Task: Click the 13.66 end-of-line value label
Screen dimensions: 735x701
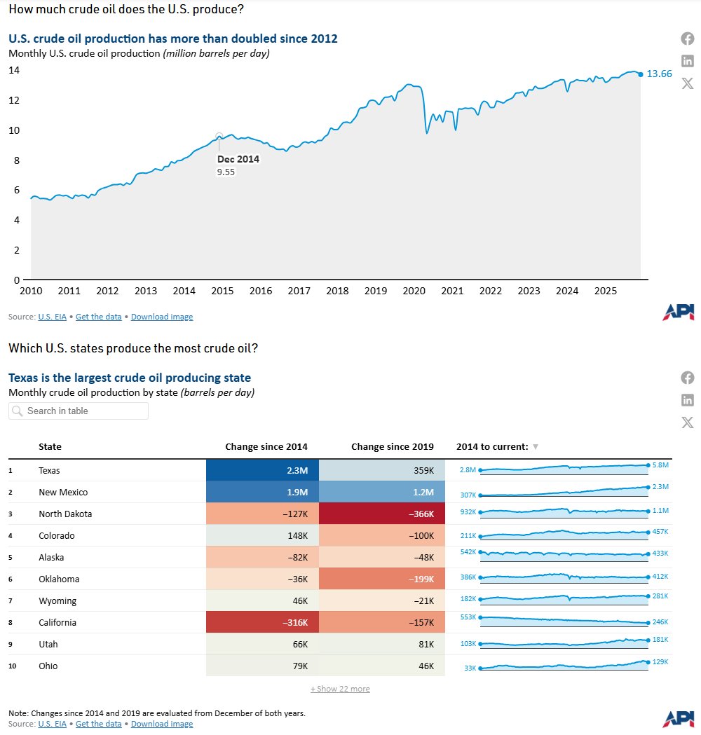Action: pyautogui.click(x=659, y=74)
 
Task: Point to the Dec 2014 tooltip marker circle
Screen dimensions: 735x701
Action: pyautogui.click(x=219, y=136)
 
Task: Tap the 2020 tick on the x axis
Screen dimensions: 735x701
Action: pyautogui.click(x=414, y=291)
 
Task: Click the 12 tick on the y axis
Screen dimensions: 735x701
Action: pyautogui.click(x=14, y=100)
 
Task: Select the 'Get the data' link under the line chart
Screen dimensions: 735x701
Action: pyautogui.click(x=98, y=317)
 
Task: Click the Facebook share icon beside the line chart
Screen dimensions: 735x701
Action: pyautogui.click(x=688, y=39)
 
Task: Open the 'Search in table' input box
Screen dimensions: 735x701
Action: pyautogui.click(x=79, y=411)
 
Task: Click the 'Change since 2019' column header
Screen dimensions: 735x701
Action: pyautogui.click(x=392, y=447)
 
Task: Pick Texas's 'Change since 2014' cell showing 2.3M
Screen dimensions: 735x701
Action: pyautogui.click(x=262, y=471)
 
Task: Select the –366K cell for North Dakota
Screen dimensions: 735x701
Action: pyautogui.click(x=382, y=514)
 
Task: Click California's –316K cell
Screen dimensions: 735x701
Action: pyautogui.click(x=262, y=623)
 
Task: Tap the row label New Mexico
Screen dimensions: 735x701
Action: pyautogui.click(x=63, y=493)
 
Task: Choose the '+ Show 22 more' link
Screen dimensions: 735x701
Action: pyautogui.click(x=340, y=689)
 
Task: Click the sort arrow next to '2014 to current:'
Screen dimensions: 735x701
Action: pyautogui.click(x=536, y=447)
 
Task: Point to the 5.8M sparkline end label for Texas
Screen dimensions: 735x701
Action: pyautogui.click(x=660, y=465)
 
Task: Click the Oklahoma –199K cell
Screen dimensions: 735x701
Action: pyautogui.click(x=382, y=579)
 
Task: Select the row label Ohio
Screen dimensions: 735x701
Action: pyautogui.click(x=48, y=666)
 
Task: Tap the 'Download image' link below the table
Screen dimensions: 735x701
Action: pyautogui.click(x=162, y=724)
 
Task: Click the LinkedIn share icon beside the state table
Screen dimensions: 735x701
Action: pyautogui.click(x=688, y=400)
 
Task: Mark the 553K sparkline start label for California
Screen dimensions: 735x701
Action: pyautogui.click(x=468, y=617)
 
